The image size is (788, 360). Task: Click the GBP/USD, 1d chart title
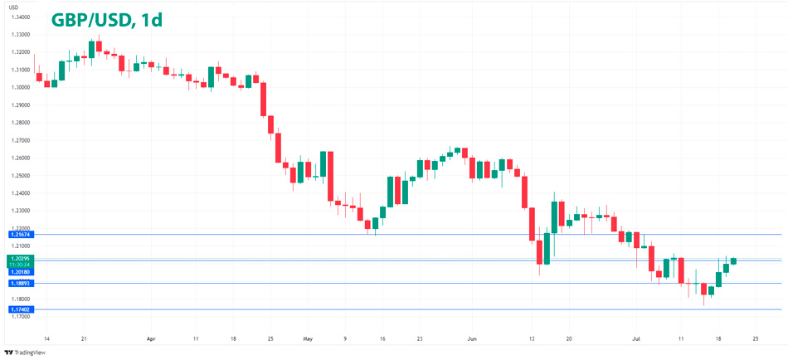tap(106, 20)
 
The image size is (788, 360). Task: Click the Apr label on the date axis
tap(150, 339)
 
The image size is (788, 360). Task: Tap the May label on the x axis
tap(309, 339)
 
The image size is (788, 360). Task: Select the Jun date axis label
tap(472, 339)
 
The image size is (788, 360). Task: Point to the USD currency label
tap(12, 6)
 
